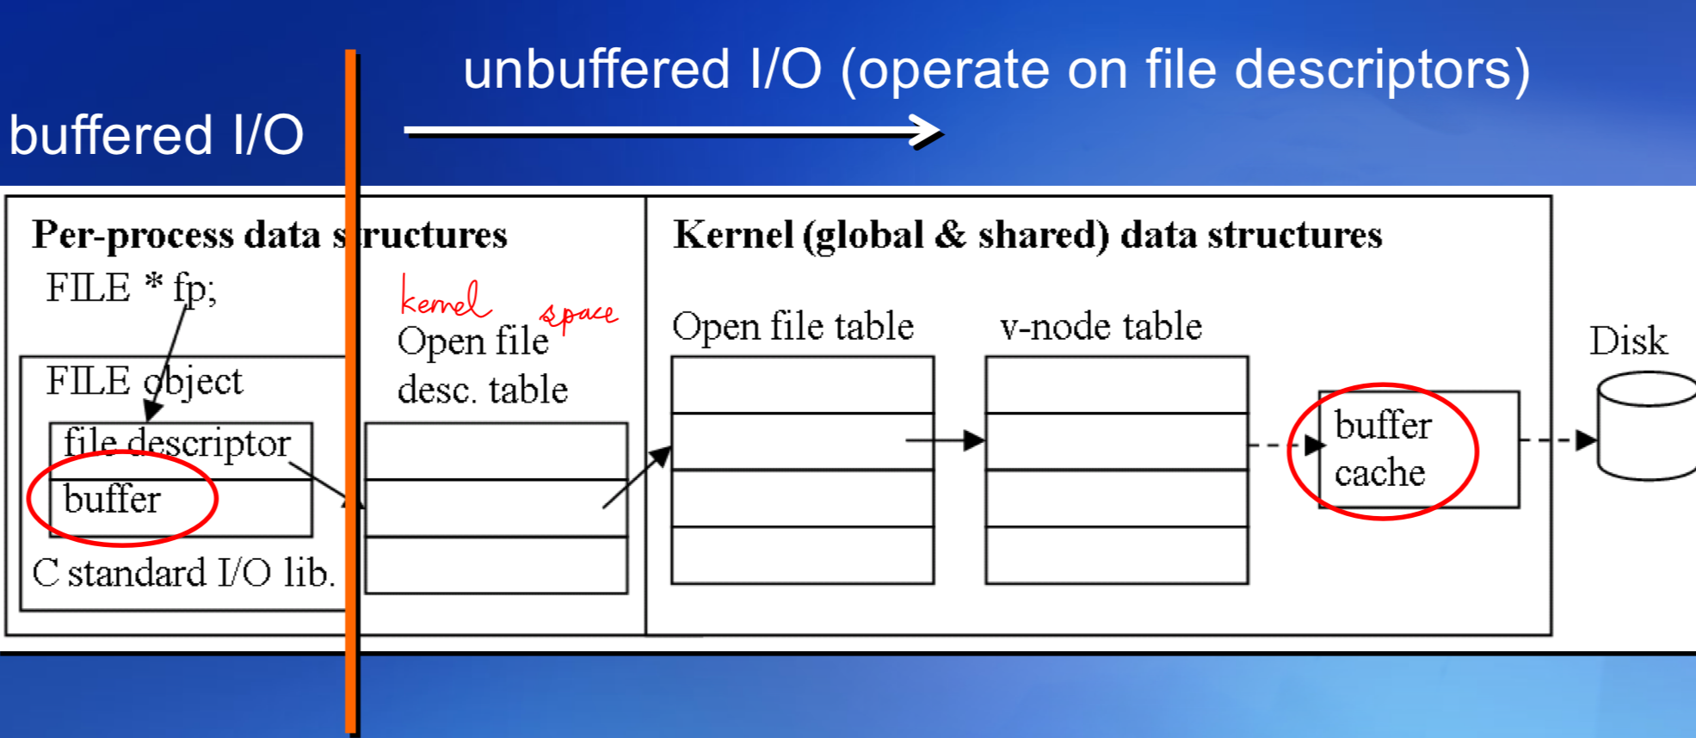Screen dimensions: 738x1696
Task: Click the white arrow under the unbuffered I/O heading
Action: click(x=671, y=132)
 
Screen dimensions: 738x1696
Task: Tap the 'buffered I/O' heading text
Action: click(x=156, y=135)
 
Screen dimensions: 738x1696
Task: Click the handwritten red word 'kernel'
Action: click(x=444, y=298)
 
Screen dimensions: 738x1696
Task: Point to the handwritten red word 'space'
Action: click(x=578, y=314)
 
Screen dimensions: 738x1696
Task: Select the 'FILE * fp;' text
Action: click(x=131, y=288)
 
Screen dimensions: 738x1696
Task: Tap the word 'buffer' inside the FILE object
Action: click(x=112, y=499)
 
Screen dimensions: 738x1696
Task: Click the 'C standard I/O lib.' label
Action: click(x=183, y=573)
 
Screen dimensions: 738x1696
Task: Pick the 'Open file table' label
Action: click(x=792, y=327)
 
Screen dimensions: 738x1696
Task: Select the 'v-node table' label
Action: click(x=1101, y=327)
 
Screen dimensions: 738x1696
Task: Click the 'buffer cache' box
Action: click(x=1418, y=449)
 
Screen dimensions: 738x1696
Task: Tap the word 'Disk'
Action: click(x=1627, y=341)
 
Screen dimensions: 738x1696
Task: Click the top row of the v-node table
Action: click(x=1116, y=385)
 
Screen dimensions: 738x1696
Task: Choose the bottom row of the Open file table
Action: click(x=802, y=555)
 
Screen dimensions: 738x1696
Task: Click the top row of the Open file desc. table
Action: click(x=496, y=451)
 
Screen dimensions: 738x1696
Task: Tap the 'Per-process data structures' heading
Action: click(x=269, y=235)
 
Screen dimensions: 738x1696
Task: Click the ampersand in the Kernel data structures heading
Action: click(x=950, y=235)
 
